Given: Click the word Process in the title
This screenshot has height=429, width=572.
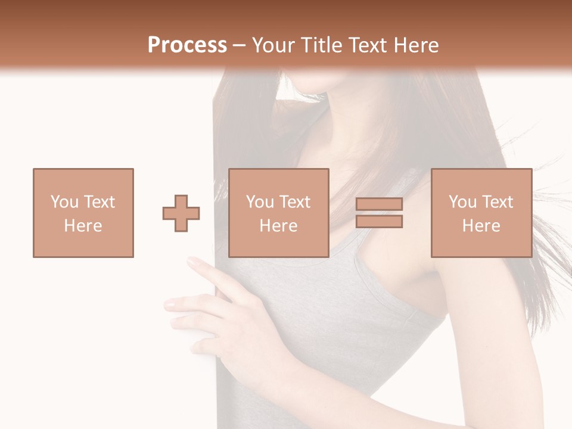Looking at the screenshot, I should point(187,45).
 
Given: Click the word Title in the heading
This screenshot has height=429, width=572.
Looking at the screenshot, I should point(321,45).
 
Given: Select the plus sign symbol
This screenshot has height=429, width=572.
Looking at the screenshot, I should point(181,213).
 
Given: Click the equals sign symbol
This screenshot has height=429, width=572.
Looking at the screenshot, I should point(379,213).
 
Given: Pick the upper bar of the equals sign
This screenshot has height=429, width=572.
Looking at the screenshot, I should point(379,204).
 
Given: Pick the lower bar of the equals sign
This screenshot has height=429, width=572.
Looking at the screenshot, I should point(379,222).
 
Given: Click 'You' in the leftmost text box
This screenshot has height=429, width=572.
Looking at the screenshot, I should point(64,202).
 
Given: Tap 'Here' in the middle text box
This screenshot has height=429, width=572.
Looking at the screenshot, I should point(279,226).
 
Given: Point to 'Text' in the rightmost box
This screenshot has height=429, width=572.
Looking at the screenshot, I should point(498,202).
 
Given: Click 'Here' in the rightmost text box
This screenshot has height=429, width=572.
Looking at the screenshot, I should point(481,226).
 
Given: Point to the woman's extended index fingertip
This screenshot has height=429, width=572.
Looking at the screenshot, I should point(192,260).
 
